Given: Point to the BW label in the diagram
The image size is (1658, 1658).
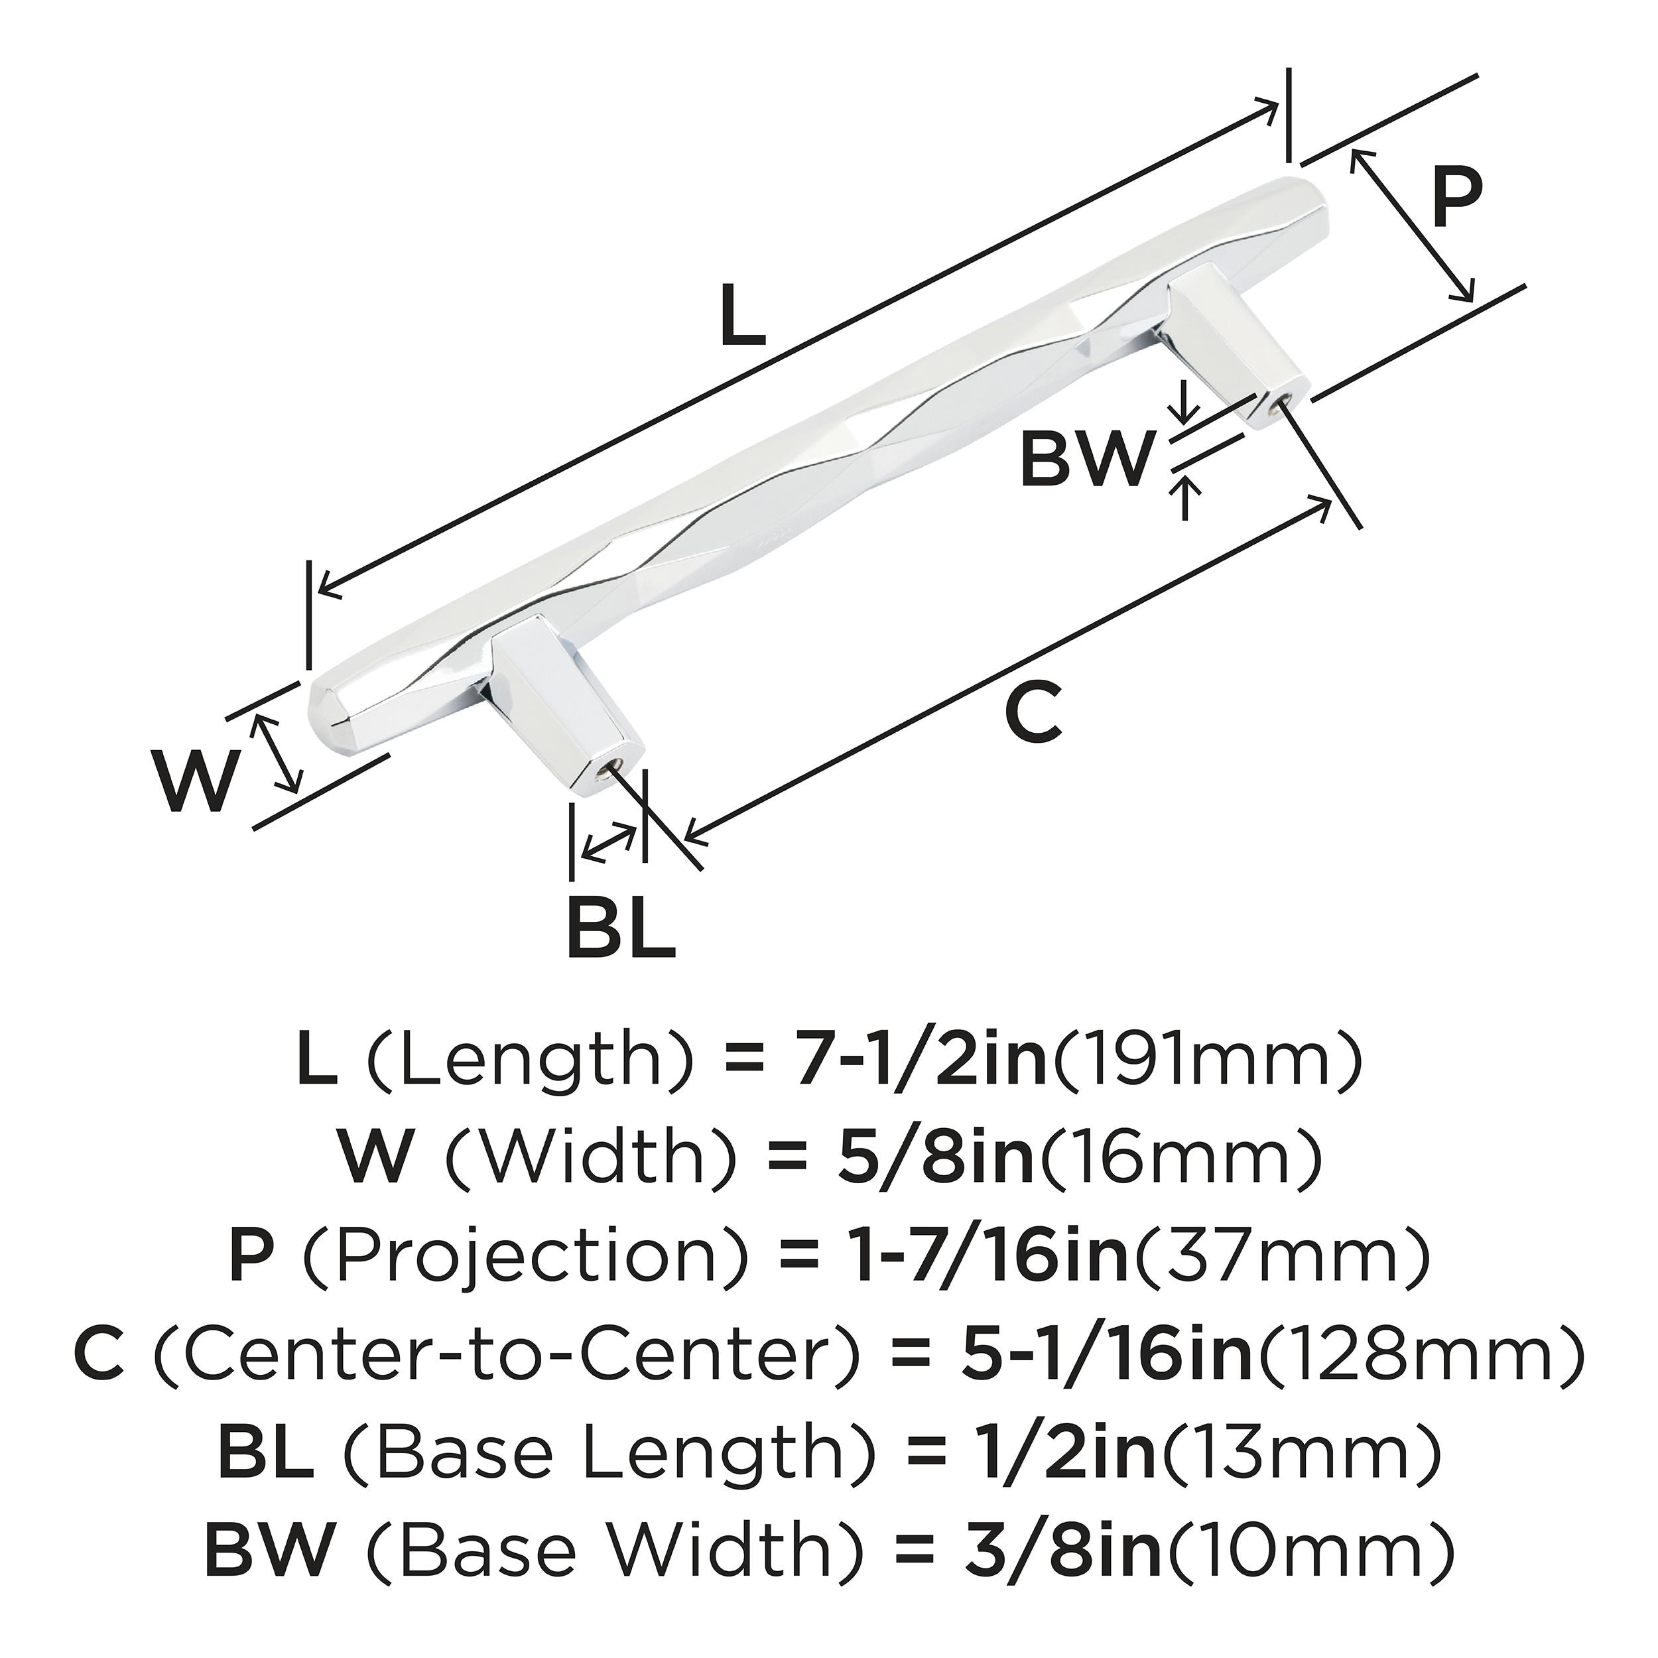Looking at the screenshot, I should [x=1084, y=458].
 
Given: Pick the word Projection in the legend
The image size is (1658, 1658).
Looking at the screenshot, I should [x=529, y=1256].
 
